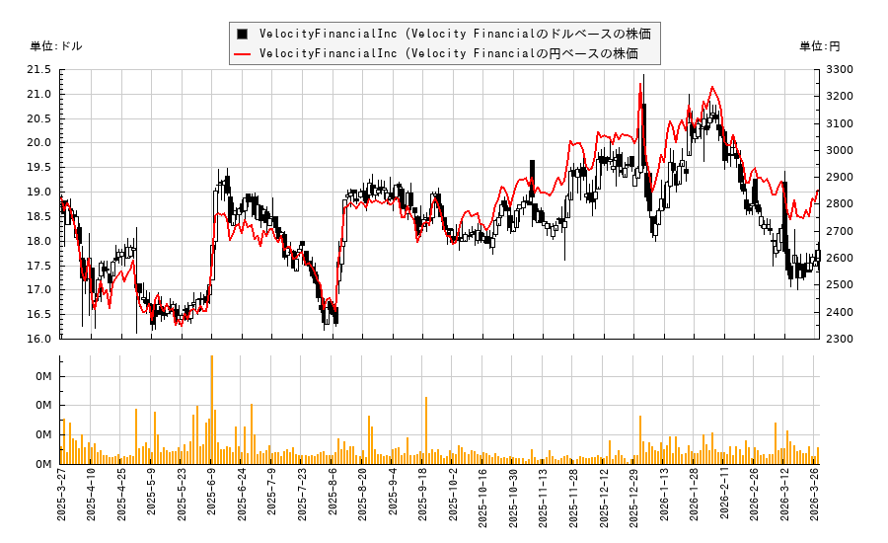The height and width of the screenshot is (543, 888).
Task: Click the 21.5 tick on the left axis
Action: [x=39, y=70]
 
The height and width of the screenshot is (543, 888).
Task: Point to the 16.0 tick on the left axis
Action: [x=39, y=339]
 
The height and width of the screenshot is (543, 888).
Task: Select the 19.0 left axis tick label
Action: [x=39, y=193]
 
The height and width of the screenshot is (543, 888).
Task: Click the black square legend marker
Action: [x=243, y=34]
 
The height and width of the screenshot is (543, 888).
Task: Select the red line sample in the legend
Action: [x=243, y=53]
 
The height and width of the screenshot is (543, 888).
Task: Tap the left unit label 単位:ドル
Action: [x=56, y=46]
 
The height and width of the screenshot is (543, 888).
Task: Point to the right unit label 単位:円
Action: [x=820, y=46]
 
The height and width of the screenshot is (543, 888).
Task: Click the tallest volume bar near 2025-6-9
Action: [x=211, y=410]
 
